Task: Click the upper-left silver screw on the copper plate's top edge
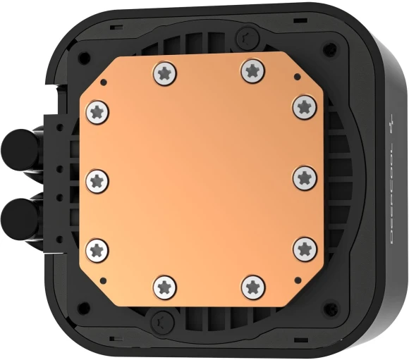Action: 163,71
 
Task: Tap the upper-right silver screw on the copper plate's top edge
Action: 251,70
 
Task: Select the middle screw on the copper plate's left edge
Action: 97,180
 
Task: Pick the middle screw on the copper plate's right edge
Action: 303,176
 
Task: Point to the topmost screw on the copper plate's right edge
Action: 303,105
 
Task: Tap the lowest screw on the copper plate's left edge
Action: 97,248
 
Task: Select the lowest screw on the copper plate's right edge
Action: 303,247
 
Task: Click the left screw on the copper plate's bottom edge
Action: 163,286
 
